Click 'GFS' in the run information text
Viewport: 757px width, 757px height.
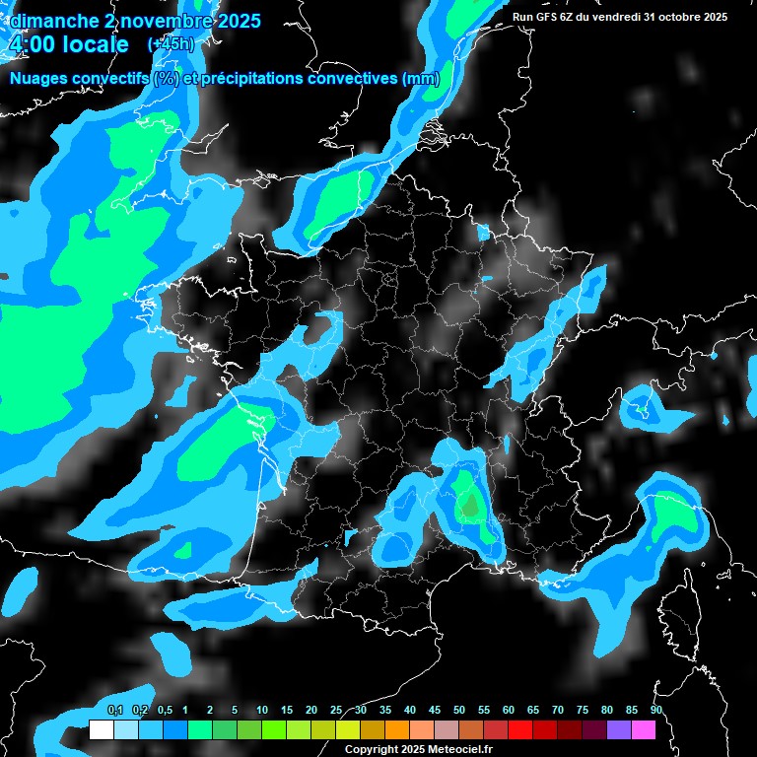[x=549, y=17]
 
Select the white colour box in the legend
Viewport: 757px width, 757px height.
[x=101, y=729]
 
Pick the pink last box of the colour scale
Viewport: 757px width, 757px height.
[x=644, y=729]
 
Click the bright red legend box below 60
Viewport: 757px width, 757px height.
[x=520, y=729]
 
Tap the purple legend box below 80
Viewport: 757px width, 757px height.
[x=619, y=729]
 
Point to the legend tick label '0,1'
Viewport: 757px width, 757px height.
[x=115, y=711]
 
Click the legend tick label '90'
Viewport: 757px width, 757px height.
[x=655, y=711]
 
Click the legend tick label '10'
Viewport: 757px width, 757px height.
[x=262, y=711]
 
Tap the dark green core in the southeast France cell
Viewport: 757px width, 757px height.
[x=470, y=506]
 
